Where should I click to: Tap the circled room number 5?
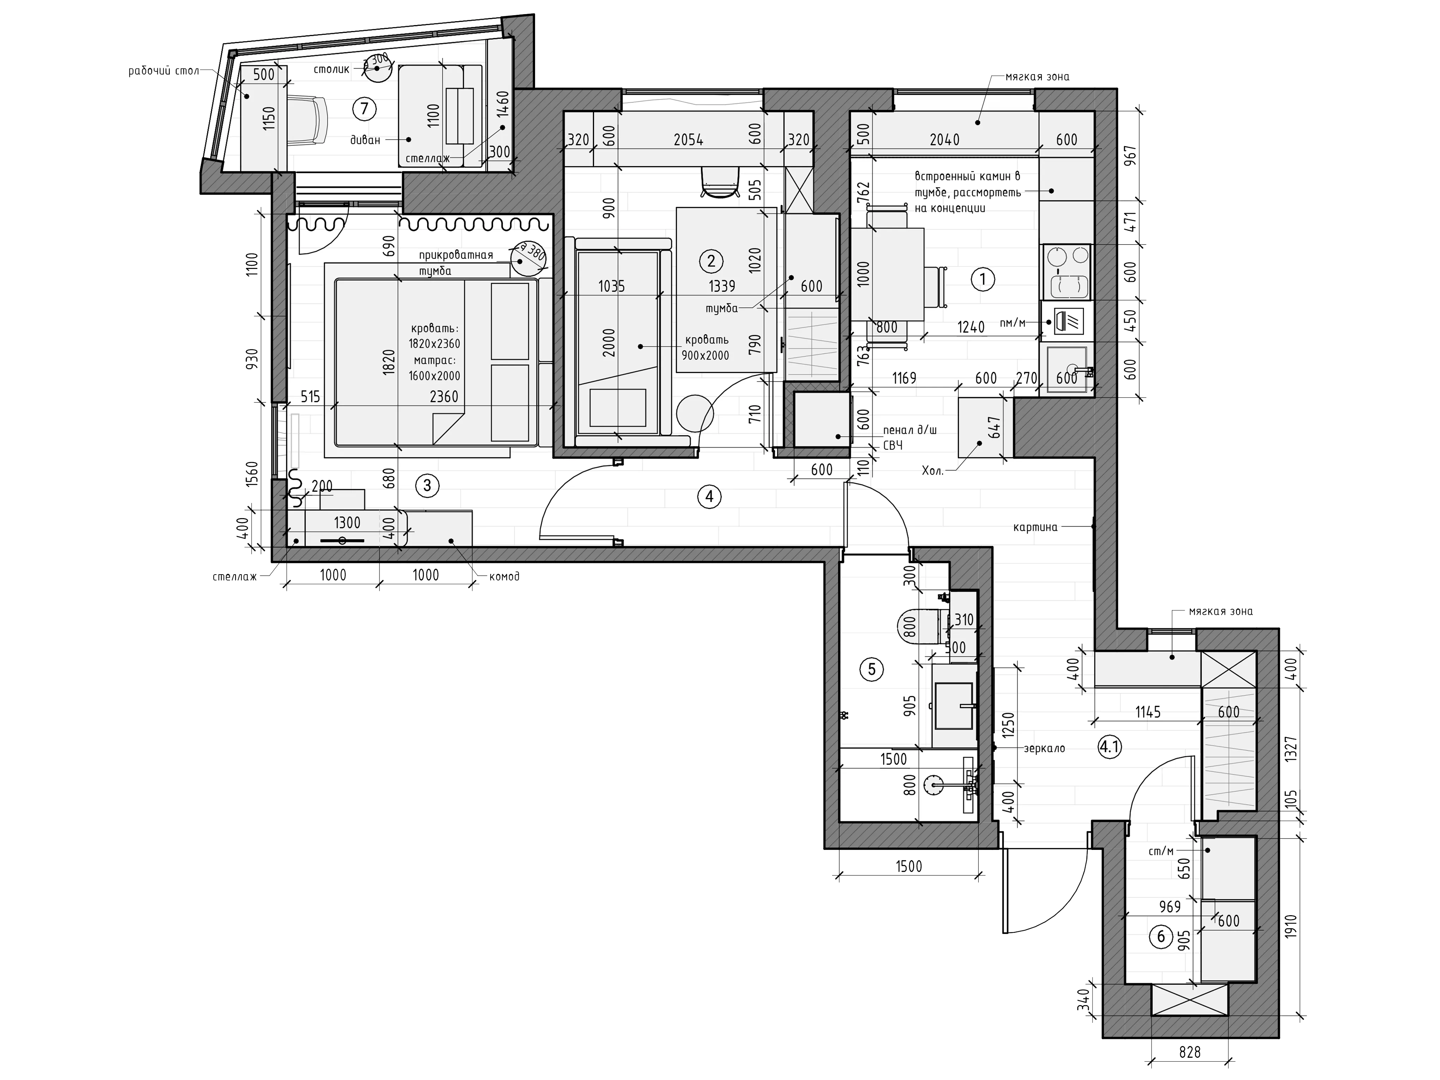(x=872, y=669)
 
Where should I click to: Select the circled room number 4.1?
(x=1109, y=747)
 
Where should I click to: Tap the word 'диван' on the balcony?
(x=365, y=140)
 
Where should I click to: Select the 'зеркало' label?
(x=1044, y=749)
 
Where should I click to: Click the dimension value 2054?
(x=688, y=140)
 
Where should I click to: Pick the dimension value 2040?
(x=944, y=140)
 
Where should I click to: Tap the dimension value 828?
(x=1189, y=1052)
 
